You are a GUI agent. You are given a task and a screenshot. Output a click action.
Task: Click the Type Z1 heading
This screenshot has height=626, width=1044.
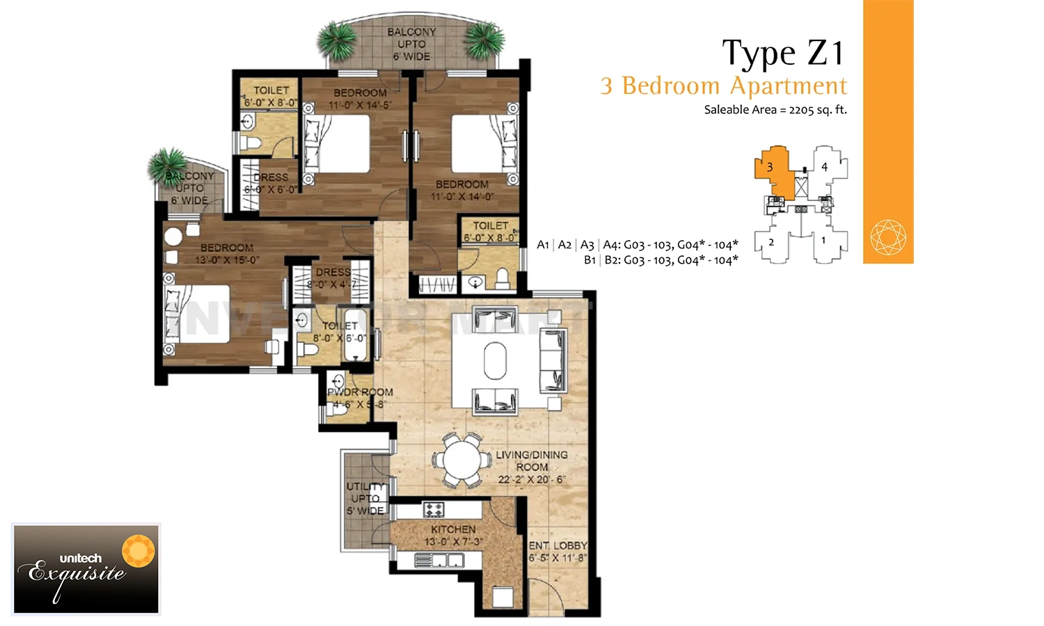[783, 54]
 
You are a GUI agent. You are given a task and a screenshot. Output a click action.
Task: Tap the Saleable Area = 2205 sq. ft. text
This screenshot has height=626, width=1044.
[775, 110]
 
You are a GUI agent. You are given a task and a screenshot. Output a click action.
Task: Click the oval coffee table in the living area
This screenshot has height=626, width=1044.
[495, 360]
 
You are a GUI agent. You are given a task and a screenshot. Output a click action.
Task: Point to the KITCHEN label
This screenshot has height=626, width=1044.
[453, 529]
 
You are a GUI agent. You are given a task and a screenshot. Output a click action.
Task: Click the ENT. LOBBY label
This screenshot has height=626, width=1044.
[557, 545]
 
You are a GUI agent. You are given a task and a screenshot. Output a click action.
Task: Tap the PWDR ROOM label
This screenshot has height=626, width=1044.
[361, 392]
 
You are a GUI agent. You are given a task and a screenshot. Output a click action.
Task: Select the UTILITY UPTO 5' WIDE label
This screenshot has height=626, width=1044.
[365, 498]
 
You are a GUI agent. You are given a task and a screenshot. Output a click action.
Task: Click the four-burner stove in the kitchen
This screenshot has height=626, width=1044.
[434, 510]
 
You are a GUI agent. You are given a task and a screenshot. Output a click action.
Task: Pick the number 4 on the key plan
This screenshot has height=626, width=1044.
[824, 167]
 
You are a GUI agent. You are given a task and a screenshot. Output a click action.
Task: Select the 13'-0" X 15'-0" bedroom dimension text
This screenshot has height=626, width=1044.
[227, 260]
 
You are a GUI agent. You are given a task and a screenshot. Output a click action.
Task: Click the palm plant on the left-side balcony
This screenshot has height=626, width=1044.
[167, 166]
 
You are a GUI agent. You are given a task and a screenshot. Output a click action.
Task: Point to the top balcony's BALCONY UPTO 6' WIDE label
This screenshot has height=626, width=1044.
[411, 44]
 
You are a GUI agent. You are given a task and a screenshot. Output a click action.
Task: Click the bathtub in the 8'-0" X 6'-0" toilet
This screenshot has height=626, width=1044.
[356, 337]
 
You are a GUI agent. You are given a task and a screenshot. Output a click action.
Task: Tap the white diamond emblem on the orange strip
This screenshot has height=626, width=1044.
[888, 237]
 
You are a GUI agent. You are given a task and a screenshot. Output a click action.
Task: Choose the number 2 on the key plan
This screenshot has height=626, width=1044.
[771, 242]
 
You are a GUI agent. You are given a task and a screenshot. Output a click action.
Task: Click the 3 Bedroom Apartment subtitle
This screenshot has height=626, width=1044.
[724, 86]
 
